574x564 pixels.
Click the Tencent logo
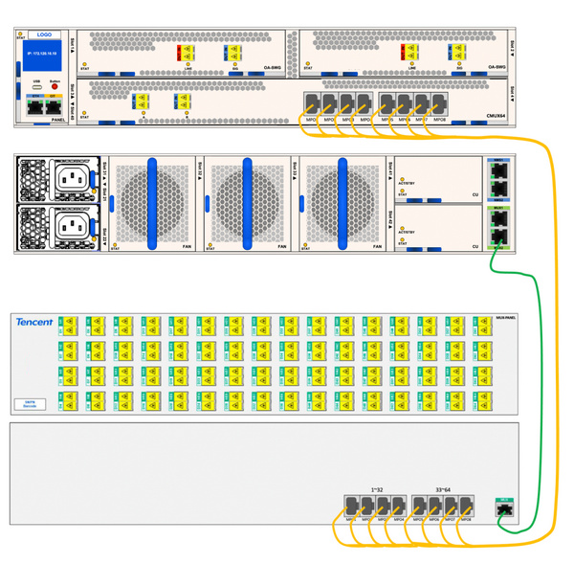pyautogui.click(x=33, y=323)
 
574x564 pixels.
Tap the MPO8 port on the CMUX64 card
pyautogui.click(x=439, y=102)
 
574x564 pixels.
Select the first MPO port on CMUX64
pyautogui.click(x=310, y=102)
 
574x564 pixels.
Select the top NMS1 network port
pyautogui.click(x=498, y=173)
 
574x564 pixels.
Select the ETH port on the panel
pyautogui.click(x=37, y=106)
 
